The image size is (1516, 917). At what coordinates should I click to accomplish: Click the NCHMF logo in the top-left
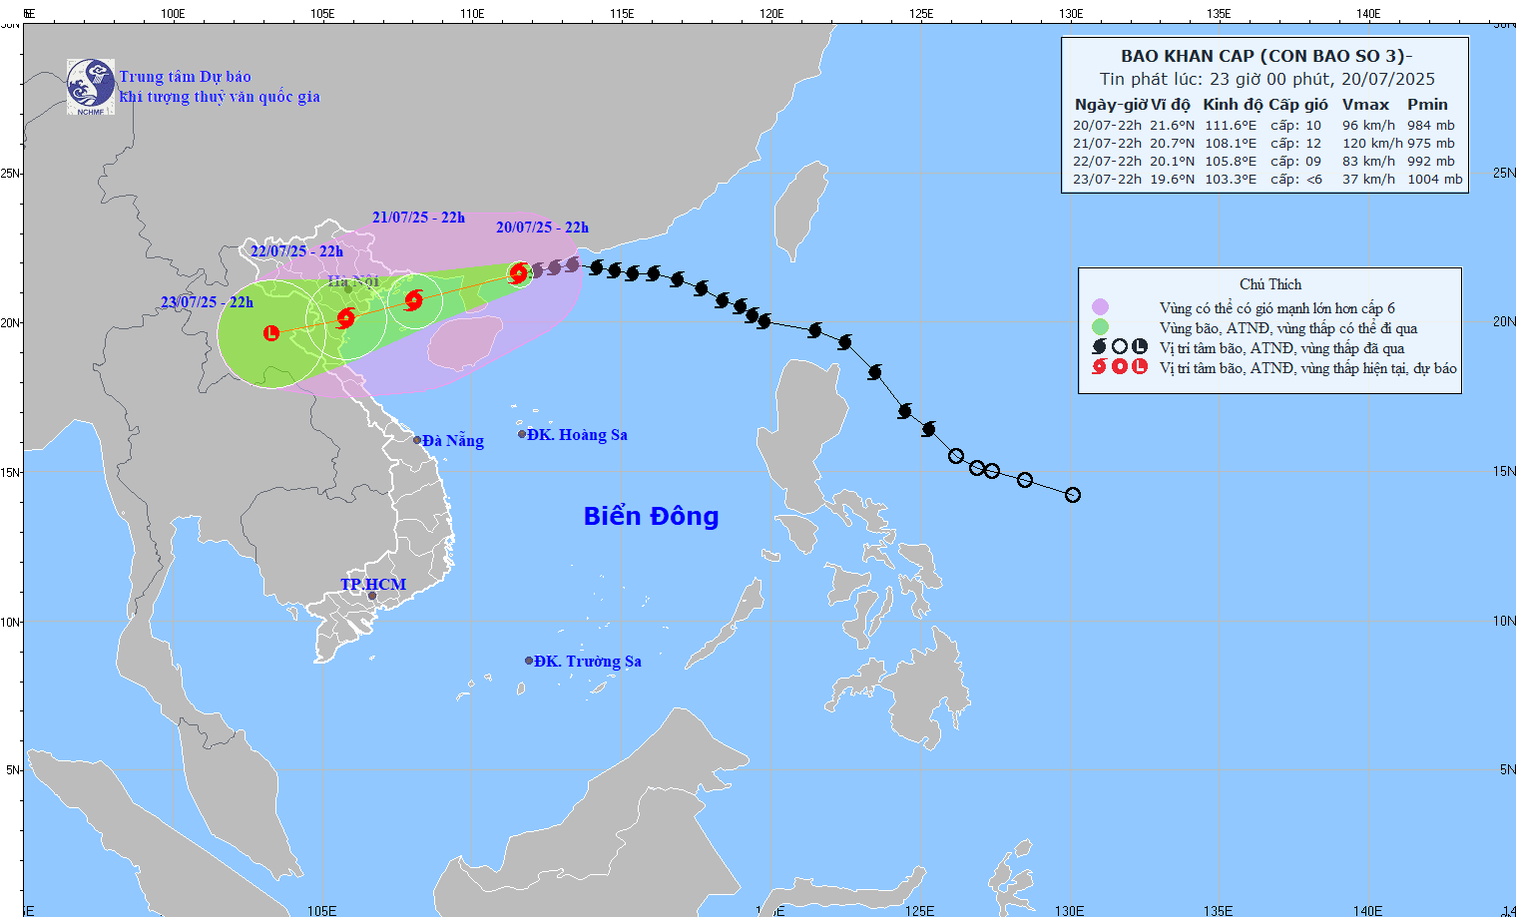click(91, 87)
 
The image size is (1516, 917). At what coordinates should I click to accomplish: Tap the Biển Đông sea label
click(651, 516)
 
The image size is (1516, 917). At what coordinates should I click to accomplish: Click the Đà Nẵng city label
click(452, 441)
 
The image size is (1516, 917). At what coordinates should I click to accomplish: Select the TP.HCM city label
click(373, 585)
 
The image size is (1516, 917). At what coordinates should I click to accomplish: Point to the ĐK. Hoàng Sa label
click(577, 435)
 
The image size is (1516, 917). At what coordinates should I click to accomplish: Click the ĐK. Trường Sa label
click(587, 662)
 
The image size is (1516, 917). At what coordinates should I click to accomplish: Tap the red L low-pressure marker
click(271, 333)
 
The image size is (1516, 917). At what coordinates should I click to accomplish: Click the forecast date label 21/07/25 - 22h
click(418, 218)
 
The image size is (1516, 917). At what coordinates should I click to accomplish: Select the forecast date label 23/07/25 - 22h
click(207, 302)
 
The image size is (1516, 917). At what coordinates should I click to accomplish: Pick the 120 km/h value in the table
click(1371, 144)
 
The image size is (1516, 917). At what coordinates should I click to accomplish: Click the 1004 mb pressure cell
click(1434, 180)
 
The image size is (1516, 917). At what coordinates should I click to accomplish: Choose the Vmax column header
click(1365, 105)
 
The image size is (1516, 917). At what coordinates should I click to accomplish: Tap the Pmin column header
click(1427, 105)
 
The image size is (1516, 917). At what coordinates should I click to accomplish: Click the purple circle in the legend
click(1100, 307)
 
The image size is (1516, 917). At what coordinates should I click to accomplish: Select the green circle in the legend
click(1100, 327)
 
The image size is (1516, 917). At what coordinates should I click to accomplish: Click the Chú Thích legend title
click(1269, 284)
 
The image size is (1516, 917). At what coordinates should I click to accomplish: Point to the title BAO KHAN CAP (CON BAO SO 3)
click(1265, 56)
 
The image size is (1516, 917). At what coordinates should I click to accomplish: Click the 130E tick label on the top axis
click(1071, 14)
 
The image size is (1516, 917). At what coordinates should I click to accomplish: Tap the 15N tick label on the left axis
click(10, 472)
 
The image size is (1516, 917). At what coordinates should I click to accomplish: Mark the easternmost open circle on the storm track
click(1073, 495)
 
